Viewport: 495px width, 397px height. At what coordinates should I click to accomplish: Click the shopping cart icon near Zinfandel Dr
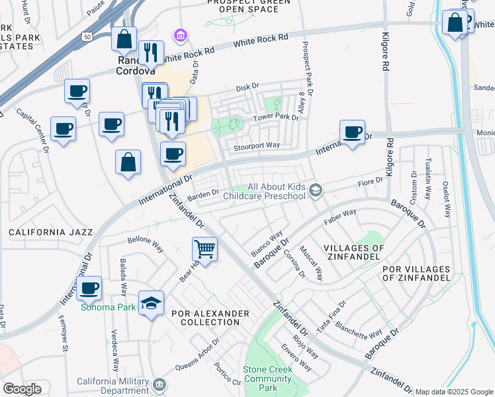point(205,250)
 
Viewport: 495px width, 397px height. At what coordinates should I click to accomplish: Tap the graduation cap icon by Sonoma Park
point(152,303)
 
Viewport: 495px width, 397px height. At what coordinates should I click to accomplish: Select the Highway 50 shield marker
point(87,37)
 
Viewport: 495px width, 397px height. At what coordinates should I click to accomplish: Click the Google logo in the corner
point(22,389)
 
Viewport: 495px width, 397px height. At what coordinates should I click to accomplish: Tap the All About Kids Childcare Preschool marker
point(316,191)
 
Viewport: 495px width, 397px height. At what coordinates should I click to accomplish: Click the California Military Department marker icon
point(159,384)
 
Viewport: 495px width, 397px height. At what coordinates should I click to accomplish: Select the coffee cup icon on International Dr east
point(353,132)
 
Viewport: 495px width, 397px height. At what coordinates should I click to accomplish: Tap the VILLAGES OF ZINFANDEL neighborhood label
point(354,253)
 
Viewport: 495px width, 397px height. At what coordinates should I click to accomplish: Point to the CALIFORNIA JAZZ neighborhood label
point(51,232)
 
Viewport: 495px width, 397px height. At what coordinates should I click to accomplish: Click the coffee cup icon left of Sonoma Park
point(89,288)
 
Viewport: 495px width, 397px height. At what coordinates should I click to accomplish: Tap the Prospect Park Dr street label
point(306,66)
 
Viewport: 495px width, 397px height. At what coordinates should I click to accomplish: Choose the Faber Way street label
point(339,216)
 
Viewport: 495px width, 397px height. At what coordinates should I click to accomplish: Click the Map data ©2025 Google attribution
point(454,392)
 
